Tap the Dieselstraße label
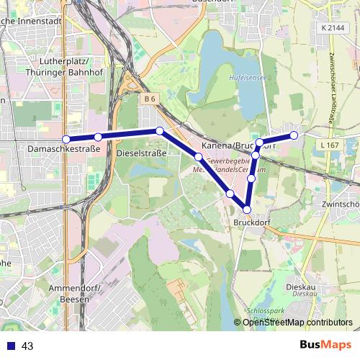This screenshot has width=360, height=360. pos(141,153)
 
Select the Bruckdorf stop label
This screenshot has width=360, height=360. pos(251,222)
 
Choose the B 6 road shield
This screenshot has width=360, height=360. pos(150,97)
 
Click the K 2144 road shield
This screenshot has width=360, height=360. pos(334,27)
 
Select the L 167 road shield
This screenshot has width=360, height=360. pos(328,145)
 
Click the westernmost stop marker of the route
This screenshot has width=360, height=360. pos(66,139)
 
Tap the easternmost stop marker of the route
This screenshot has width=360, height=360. pos(294,135)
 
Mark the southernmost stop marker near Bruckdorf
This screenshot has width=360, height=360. pos(247,210)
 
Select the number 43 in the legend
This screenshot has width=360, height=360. pos(27,346)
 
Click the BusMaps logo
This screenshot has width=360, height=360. pos(324,345)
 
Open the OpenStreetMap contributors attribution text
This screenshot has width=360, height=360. pos(297,322)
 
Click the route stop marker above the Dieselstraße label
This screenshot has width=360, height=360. pos(159,131)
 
